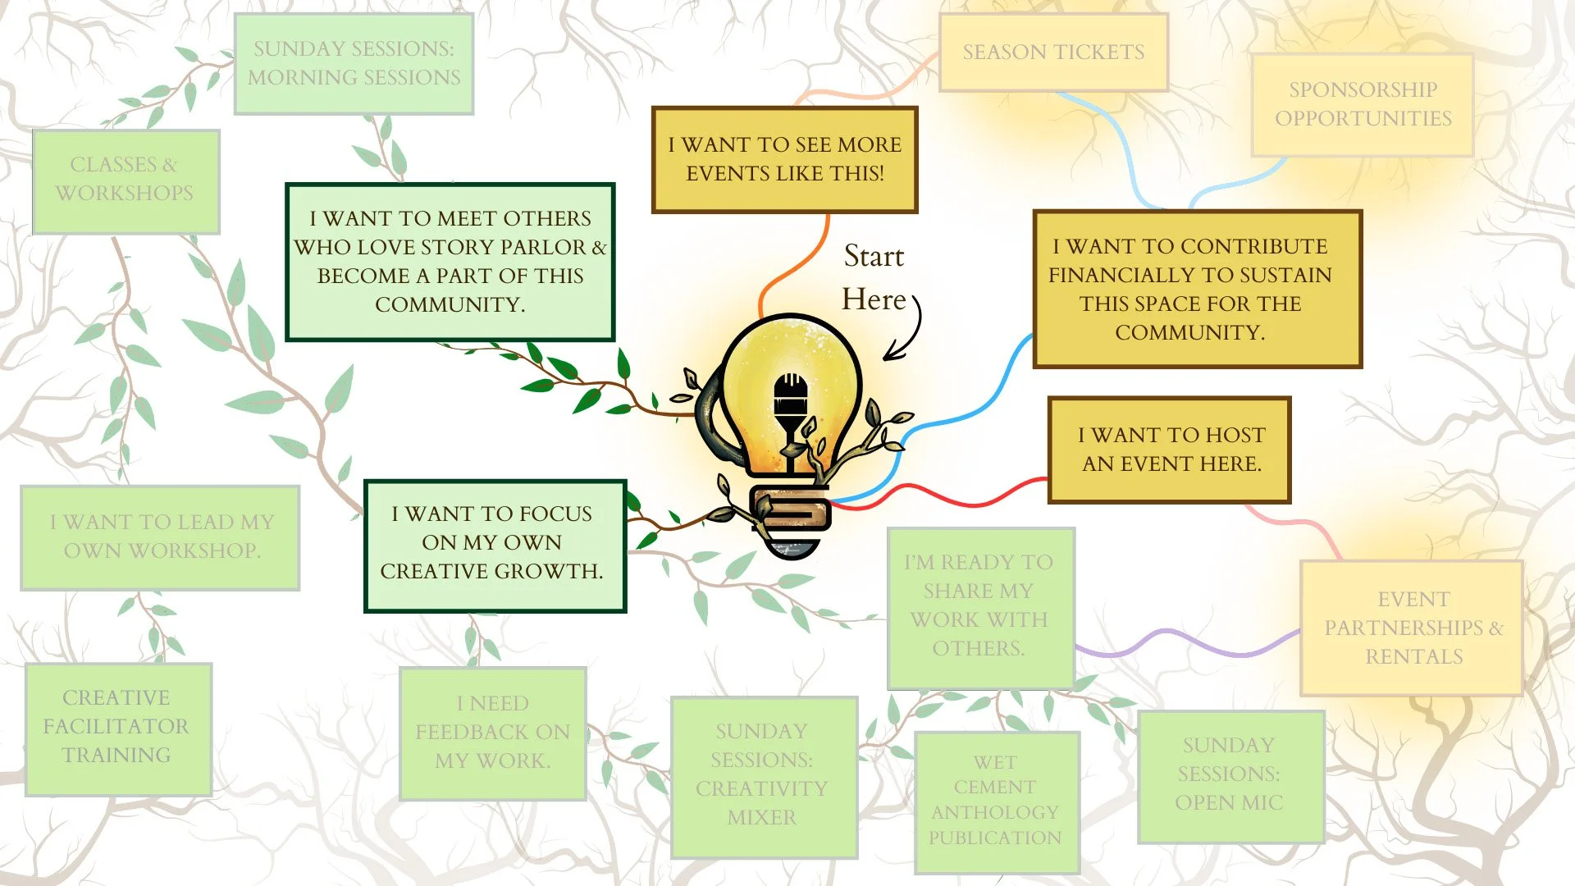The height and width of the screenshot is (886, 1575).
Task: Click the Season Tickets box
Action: pos(1053,52)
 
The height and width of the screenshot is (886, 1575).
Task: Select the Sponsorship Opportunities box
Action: pos(1363,104)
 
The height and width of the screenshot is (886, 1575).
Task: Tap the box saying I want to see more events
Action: pos(784,159)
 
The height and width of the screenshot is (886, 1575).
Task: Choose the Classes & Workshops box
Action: pos(126,180)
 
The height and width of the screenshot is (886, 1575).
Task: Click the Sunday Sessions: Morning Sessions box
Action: pos(354,63)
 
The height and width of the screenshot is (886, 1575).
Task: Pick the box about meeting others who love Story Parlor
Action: pos(450,262)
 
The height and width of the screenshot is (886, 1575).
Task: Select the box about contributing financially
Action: pos(1197,289)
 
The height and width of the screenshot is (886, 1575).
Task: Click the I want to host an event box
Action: pos(1170,450)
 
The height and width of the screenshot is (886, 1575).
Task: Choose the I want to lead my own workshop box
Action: pos(160,537)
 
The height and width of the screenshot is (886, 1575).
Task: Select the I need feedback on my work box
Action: pos(492,733)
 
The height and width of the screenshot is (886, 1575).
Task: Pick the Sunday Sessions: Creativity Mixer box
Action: pos(764,775)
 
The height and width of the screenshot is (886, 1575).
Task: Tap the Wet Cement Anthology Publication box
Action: pos(996,802)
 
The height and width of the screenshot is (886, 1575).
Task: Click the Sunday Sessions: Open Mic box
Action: pos(1230,775)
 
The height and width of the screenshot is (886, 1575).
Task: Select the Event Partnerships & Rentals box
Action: pos(1412,628)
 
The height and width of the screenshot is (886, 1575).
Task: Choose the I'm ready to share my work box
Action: pos(980,607)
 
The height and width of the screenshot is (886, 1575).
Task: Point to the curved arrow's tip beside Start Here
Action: pos(885,359)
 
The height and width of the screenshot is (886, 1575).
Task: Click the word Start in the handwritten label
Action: pos(874,256)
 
